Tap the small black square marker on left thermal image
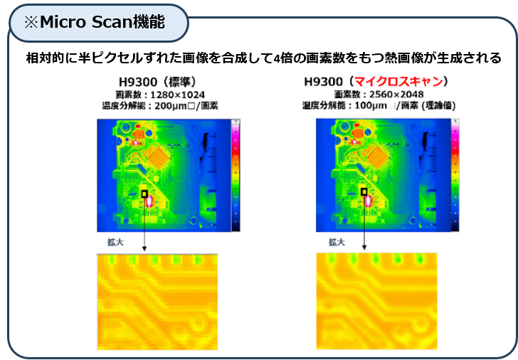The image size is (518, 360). (144, 194)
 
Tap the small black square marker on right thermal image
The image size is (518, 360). (364, 192)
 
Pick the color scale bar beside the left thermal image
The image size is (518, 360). (236, 174)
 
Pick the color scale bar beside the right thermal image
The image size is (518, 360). (454, 174)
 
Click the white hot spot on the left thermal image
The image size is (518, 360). (150, 202)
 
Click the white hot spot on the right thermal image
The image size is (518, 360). (369, 201)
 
